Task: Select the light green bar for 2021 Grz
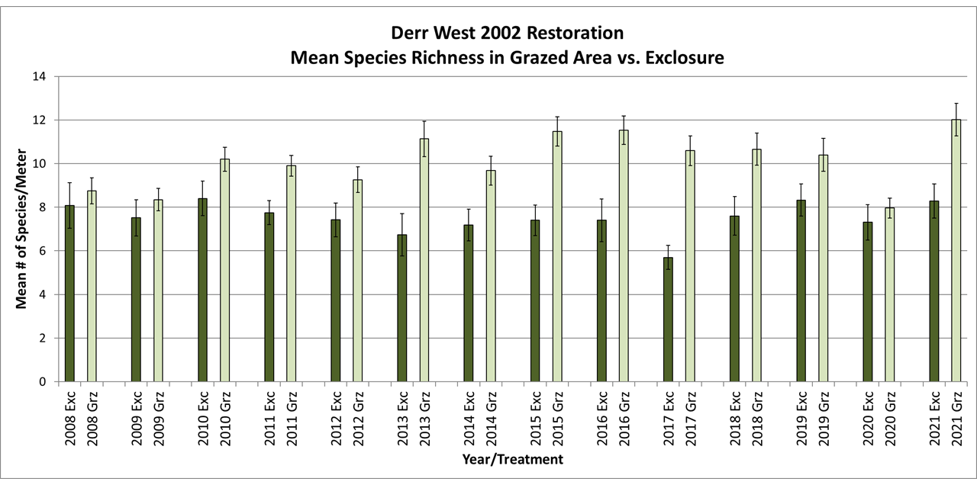tap(956, 252)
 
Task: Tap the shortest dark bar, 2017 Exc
tap(668, 320)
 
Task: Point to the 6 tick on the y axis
tap(43, 251)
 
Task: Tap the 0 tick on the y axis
tap(43, 381)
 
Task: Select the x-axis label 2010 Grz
tap(225, 416)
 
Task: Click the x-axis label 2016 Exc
tap(601, 416)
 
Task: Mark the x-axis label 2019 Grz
tap(823, 416)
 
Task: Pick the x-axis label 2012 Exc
tap(336, 416)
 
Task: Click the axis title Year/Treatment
tap(512, 459)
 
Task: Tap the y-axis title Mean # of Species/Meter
tap(22, 229)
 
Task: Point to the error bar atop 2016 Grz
tap(624, 129)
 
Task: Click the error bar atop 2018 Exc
tap(734, 215)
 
